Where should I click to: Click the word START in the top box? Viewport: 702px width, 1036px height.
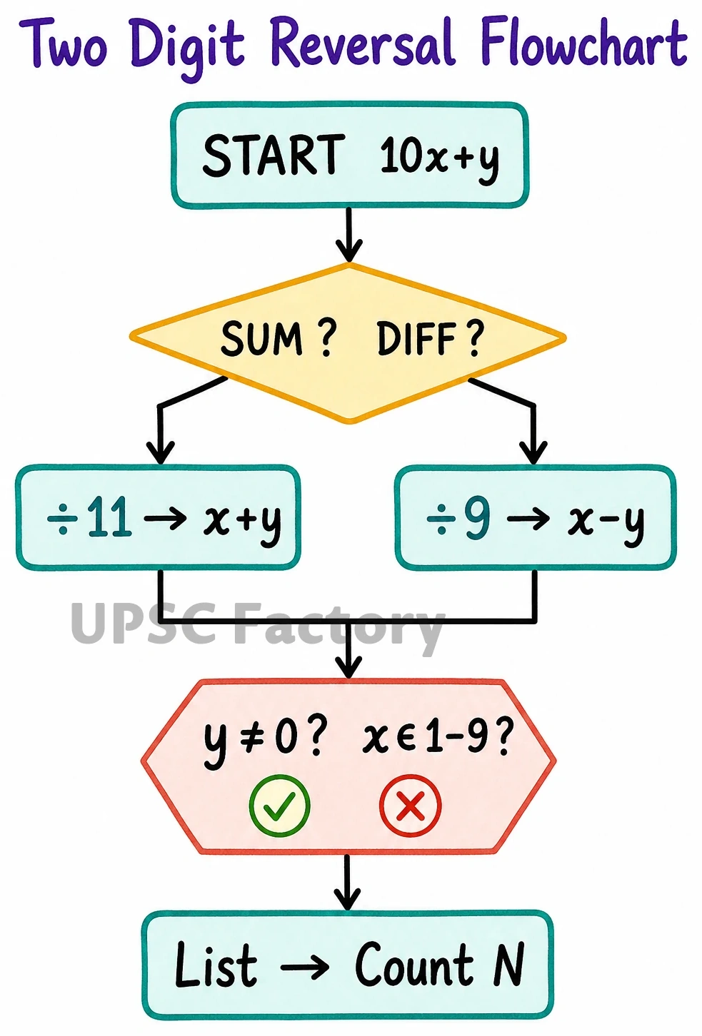[274, 155]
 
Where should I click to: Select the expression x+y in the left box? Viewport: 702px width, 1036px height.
[242, 522]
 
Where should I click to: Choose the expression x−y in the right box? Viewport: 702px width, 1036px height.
[606, 522]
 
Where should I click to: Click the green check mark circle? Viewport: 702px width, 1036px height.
[280, 806]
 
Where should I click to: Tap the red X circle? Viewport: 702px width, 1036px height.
[410, 806]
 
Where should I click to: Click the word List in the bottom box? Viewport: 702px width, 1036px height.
[216, 965]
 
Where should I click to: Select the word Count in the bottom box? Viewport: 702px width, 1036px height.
[414, 965]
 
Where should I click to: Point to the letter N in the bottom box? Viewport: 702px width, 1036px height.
[509, 965]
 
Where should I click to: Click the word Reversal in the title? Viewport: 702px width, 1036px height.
[366, 45]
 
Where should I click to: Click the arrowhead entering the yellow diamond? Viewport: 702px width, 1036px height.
[349, 250]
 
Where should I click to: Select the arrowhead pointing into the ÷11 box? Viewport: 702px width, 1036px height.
[160, 452]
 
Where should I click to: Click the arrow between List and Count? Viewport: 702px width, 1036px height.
[304, 965]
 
